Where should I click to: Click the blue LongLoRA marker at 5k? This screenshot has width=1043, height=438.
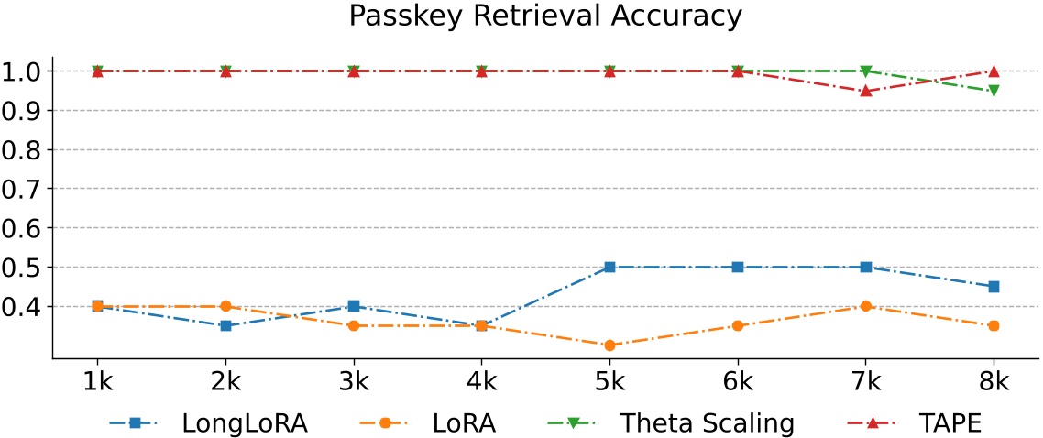pyautogui.click(x=609, y=267)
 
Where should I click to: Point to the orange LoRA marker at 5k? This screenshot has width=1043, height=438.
pyautogui.click(x=609, y=345)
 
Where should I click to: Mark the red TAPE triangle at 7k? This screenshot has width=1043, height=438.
pyautogui.click(x=865, y=91)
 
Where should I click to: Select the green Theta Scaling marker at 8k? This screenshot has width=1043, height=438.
pyautogui.click(x=994, y=91)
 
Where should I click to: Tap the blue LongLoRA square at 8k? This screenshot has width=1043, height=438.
pyautogui.click(x=994, y=287)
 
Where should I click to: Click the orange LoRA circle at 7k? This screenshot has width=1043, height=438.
pyautogui.click(x=865, y=306)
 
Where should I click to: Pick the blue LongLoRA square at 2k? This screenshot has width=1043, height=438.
pyautogui.click(x=225, y=325)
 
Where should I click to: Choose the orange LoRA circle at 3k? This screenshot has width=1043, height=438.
pyautogui.click(x=354, y=325)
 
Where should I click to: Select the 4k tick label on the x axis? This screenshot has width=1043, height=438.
pyautogui.click(x=481, y=379)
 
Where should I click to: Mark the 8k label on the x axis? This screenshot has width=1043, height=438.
pyautogui.click(x=994, y=379)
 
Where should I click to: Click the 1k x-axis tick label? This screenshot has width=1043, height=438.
pyautogui.click(x=97, y=379)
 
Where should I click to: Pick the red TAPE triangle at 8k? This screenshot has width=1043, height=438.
pyautogui.click(x=994, y=71)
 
